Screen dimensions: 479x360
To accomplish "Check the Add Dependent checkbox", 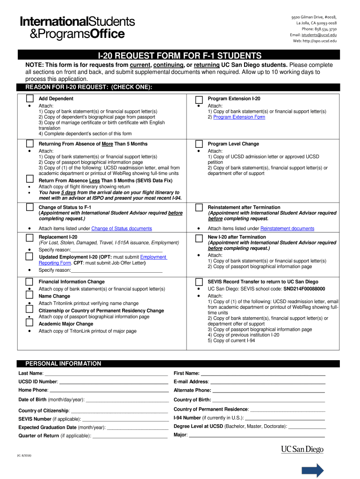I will coord(29,99).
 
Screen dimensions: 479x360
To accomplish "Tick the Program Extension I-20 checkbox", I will coord(199,99).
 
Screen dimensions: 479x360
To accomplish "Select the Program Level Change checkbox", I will coord(199,144).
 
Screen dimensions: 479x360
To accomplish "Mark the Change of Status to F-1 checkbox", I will coord(29,207).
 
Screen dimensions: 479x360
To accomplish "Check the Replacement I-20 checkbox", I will coord(29,237).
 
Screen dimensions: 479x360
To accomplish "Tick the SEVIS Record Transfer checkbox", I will coord(199,282).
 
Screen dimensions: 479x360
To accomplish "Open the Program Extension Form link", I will coord(239,117).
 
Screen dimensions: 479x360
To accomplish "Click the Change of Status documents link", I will coord(122,228).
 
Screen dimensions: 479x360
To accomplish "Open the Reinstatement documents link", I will coord(287,228).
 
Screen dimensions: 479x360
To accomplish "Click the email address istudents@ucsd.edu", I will coord(319,35).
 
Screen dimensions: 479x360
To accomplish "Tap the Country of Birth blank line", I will coord(268,400).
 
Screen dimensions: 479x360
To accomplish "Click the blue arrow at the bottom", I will coord(313,470).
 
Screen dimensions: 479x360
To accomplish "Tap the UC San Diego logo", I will coord(302,450).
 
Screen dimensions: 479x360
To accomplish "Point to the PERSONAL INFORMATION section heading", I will coord(63,363).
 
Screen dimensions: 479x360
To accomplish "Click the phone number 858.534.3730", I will coord(324,29).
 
